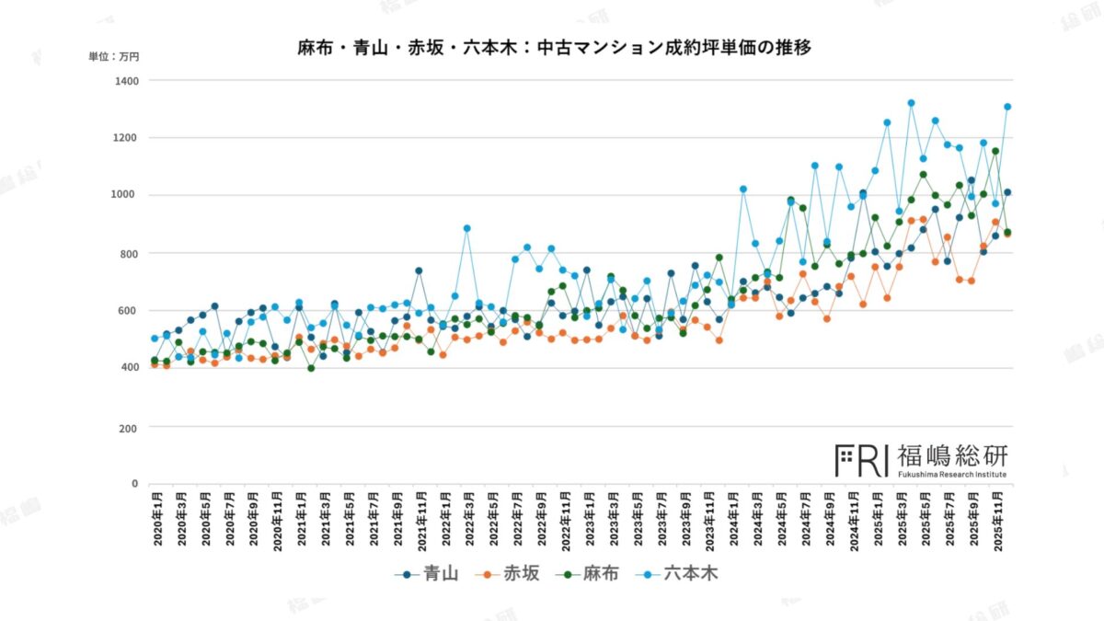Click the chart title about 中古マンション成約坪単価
point(554,47)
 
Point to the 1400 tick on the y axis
point(125,81)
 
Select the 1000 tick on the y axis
point(125,195)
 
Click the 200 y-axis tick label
point(128,428)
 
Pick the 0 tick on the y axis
point(133,483)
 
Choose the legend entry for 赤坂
point(512,574)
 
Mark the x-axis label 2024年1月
point(735,521)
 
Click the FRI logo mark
point(861,460)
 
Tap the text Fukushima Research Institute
point(951,475)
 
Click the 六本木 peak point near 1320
point(911,103)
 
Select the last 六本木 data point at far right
point(1007,107)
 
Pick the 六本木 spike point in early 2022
point(467,228)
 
